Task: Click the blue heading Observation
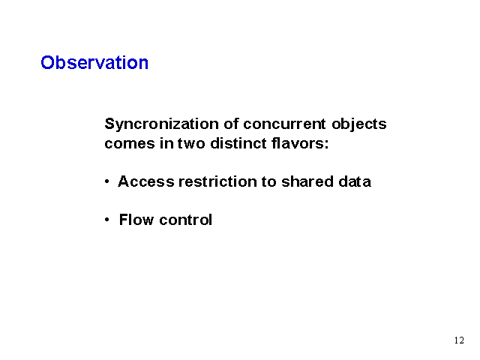click(x=94, y=62)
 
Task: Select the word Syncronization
click(x=162, y=125)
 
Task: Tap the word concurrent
click(x=284, y=124)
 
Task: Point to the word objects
click(x=359, y=125)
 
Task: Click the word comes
click(x=130, y=143)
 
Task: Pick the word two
click(x=191, y=143)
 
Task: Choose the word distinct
click(x=238, y=143)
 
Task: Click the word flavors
click(x=300, y=143)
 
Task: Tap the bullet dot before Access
click(x=106, y=181)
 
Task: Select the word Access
click(x=146, y=181)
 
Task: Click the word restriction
click(x=217, y=181)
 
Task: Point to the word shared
click(x=307, y=181)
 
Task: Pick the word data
click(x=355, y=181)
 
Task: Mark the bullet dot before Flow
click(x=106, y=220)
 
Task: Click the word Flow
click(x=136, y=220)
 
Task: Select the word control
click(x=185, y=220)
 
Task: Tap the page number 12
click(x=459, y=340)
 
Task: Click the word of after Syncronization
click(x=231, y=124)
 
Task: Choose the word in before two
click(x=166, y=143)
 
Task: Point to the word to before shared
click(x=269, y=181)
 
